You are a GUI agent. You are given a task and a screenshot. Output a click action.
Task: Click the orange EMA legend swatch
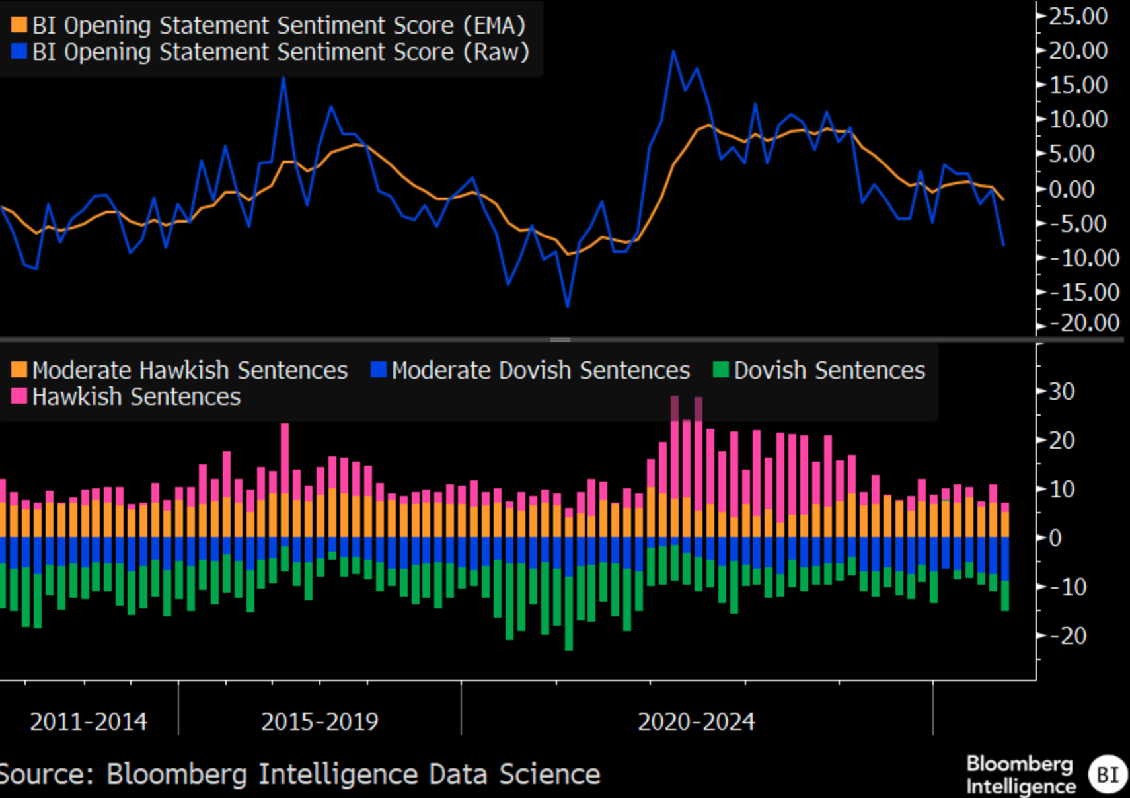point(19,25)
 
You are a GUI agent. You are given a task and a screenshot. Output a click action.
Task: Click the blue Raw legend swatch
point(19,52)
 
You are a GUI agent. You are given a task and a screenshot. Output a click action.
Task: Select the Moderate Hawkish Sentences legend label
point(190,371)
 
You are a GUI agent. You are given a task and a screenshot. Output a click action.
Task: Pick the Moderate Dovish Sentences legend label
point(540,371)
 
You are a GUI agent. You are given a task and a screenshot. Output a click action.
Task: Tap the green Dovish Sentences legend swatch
point(721,370)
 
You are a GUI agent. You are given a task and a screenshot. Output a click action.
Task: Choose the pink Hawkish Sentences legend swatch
point(19,396)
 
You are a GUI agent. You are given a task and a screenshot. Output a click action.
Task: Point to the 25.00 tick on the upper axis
point(1078,16)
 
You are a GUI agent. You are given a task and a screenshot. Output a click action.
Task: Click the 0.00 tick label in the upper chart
point(1078,189)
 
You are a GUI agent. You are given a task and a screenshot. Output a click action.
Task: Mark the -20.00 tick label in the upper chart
point(1084,323)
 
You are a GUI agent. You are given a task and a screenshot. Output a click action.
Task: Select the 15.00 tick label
point(1078,85)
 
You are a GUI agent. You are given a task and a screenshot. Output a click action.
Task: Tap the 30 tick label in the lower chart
point(1062,391)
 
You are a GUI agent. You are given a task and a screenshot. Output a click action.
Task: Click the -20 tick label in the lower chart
point(1068,635)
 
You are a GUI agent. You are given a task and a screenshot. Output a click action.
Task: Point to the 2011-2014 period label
point(89,721)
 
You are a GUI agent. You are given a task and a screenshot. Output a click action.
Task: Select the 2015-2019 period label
point(320,721)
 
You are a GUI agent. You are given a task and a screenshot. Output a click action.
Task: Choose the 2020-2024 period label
point(696,721)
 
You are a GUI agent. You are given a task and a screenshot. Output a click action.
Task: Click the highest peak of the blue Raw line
point(673,51)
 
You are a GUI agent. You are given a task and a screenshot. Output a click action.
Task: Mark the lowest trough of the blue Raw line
point(568,307)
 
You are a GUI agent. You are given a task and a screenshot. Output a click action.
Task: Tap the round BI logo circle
point(1108,774)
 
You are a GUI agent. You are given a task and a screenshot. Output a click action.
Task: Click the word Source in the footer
point(46,774)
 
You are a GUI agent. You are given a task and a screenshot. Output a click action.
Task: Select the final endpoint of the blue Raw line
point(1004,246)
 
